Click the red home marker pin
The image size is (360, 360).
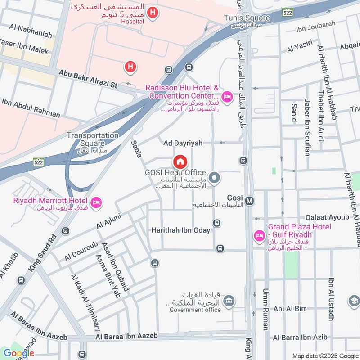(180, 161)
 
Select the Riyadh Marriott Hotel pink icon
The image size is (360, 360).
(95, 203)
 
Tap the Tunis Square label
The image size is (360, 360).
(247, 18)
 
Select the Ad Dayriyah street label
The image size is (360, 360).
(183, 143)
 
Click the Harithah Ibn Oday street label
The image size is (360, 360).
(180, 230)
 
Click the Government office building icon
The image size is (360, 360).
(229, 300)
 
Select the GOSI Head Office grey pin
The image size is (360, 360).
(215, 179)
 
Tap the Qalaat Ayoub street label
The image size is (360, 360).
(327, 217)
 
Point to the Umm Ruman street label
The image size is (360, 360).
(266, 310)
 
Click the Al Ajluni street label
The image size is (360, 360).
(107, 217)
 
